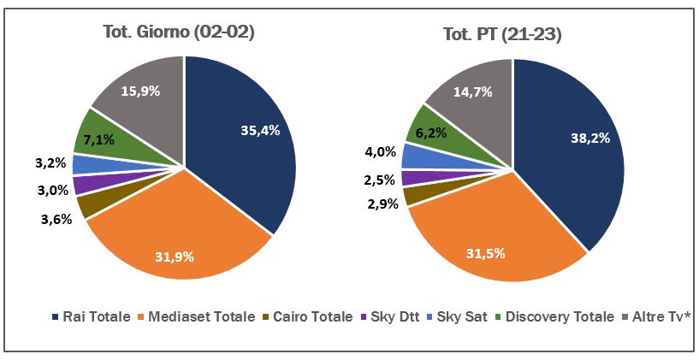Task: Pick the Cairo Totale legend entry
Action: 316,316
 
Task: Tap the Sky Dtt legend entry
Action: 396,316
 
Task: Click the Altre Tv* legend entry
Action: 655,316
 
